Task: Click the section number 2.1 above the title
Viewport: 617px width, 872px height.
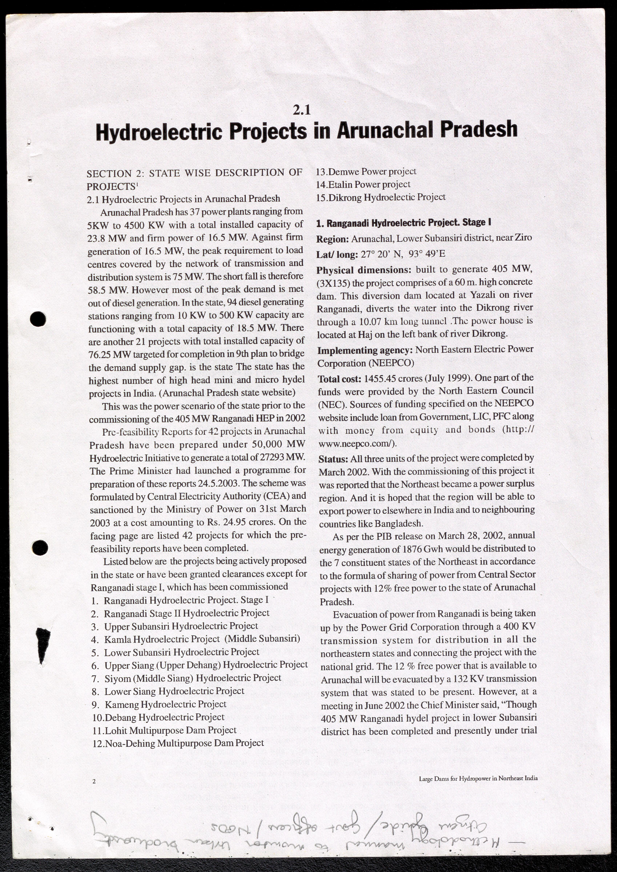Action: coord(302,110)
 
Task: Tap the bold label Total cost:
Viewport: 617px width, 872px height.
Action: coord(339,378)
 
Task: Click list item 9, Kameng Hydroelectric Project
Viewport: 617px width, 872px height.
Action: coord(160,704)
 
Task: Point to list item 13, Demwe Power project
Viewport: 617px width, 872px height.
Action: coord(366,171)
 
